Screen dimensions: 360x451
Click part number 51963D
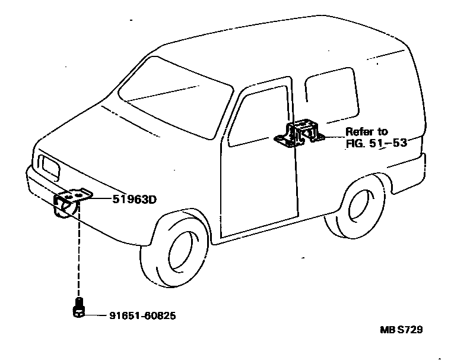click(x=134, y=200)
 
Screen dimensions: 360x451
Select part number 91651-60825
click(x=142, y=315)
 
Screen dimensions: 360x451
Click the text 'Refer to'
click(x=366, y=132)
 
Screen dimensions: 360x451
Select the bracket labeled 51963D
click(x=69, y=201)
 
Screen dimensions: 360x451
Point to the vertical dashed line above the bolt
click(x=77, y=255)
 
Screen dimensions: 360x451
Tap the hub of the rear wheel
click(x=360, y=206)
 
